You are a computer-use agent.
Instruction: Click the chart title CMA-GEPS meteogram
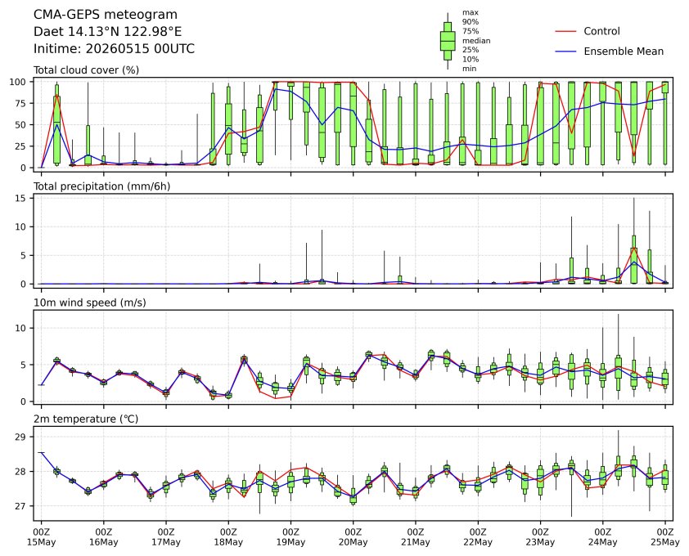(106, 15)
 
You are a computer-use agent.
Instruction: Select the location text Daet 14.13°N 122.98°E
(108, 32)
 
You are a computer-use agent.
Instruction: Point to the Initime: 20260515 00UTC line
(114, 48)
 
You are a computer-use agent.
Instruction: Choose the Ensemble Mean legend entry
(609, 52)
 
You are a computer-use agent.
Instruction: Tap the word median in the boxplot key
(476, 40)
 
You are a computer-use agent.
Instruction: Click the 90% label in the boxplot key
(471, 21)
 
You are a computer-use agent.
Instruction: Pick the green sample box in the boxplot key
(448, 41)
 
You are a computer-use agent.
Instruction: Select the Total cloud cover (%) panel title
(86, 70)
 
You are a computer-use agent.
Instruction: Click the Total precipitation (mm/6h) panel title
(102, 186)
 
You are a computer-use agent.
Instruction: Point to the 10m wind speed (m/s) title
(90, 303)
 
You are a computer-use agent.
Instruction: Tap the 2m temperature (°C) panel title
(86, 419)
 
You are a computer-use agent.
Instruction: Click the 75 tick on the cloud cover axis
(21, 103)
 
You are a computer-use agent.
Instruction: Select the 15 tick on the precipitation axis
(21, 199)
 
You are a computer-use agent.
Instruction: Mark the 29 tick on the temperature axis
(21, 437)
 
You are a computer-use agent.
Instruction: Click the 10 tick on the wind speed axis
(21, 329)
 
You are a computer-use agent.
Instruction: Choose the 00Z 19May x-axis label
(290, 537)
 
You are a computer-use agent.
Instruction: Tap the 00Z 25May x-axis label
(664, 537)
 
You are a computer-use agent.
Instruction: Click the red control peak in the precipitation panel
(633, 249)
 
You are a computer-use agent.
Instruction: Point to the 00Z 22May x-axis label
(478, 537)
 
